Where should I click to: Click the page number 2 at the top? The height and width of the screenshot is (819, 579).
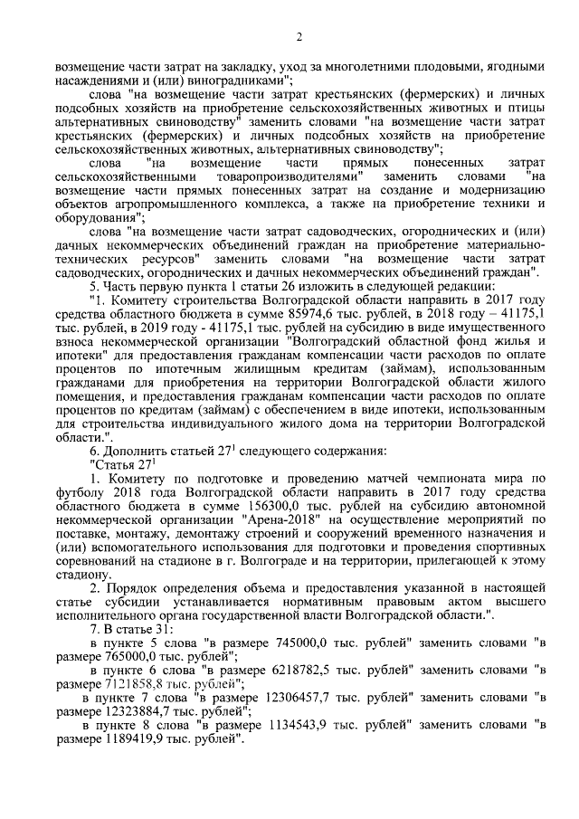298,35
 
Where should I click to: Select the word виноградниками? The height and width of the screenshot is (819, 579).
230,80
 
